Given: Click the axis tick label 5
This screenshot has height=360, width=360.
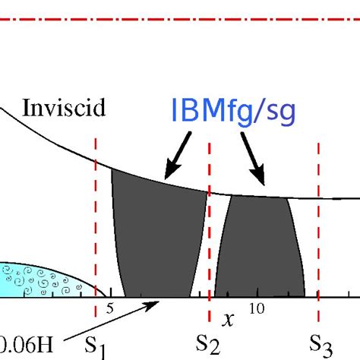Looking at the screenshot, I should click(109, 308).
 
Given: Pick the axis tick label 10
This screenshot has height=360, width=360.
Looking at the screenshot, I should click(257, 308).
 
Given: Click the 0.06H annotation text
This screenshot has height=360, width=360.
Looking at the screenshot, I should click(27, 346).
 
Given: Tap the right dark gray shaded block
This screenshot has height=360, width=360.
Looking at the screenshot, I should click(257, 247).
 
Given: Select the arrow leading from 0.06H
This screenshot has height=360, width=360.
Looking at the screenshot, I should click(114, 323).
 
